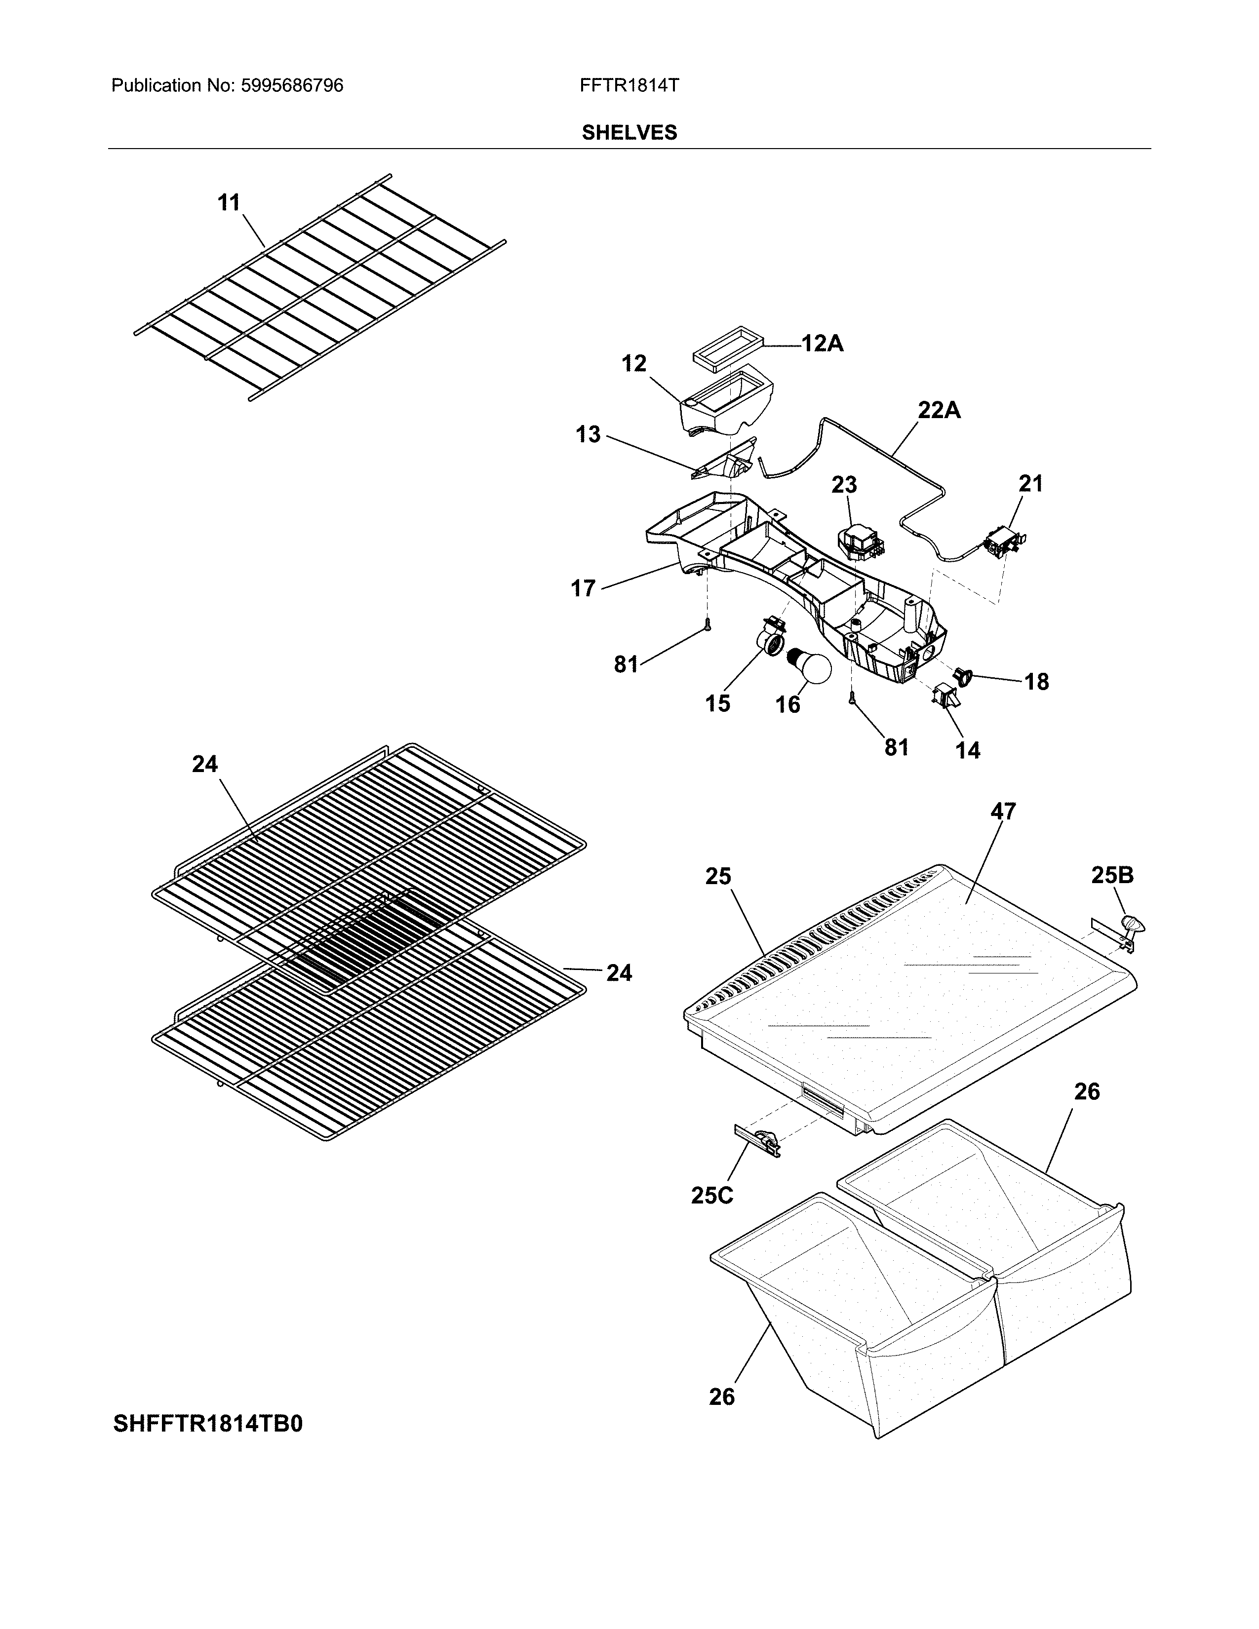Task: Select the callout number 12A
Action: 822,344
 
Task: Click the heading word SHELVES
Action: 629,133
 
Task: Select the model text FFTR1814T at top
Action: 629,86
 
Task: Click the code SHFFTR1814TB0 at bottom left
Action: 208,1424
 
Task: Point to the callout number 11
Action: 229,203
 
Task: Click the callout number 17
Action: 583,588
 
